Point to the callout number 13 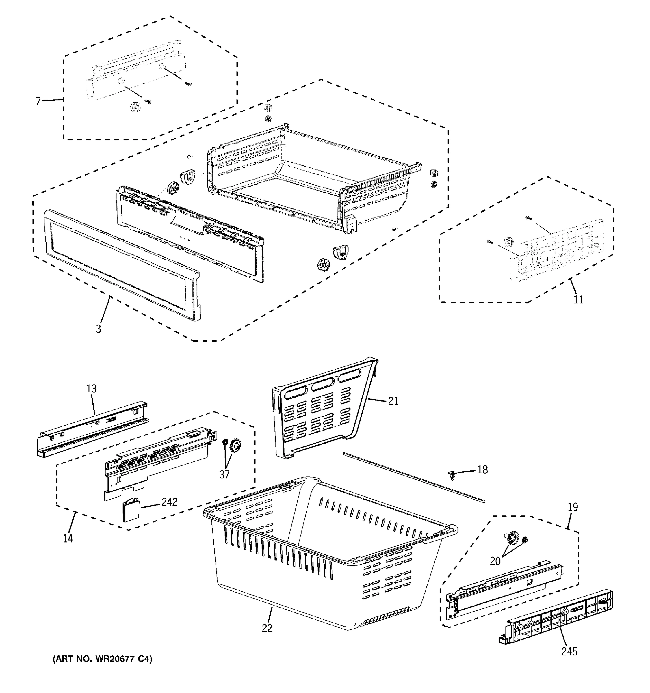[91, 389]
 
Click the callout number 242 [170, 502]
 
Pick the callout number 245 [569, 651]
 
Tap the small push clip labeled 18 [452, 475]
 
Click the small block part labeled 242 [130, 510]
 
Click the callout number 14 [68, 538]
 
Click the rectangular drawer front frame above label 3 [122, 265]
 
